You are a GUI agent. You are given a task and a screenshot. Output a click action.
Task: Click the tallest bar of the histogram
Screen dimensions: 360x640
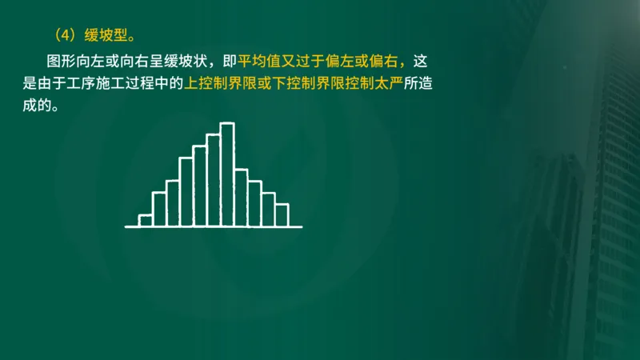[227, 174]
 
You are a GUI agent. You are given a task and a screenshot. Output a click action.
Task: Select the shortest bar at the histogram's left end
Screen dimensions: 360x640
[146, 221]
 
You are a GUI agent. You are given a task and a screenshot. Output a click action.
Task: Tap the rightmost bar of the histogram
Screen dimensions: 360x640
[282, 214]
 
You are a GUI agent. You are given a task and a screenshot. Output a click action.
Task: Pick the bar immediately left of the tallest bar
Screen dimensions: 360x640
[213, 180]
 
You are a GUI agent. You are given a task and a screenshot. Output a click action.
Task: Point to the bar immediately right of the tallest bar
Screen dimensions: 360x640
[241, 198]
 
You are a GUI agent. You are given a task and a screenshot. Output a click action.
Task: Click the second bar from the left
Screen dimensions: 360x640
[159, 209]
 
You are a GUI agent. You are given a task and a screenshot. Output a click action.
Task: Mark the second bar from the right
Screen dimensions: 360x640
[268, 210]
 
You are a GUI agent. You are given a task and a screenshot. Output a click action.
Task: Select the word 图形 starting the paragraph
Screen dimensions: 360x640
[62, 62]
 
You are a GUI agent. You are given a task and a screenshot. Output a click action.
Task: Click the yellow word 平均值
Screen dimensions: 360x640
[265, 62]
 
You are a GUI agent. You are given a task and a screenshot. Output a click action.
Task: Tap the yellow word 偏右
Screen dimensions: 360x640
[390, 62]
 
